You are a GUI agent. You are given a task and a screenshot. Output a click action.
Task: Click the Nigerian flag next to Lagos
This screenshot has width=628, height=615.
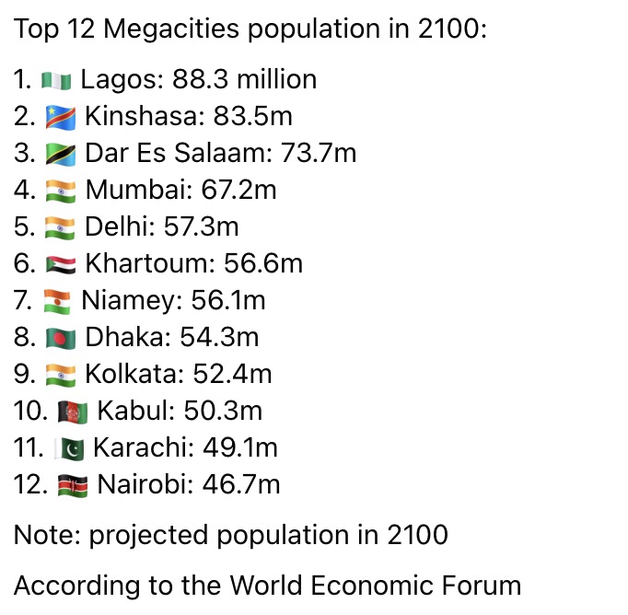(56, 80)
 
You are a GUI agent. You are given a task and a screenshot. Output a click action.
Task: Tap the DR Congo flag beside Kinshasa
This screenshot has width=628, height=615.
(61, 117)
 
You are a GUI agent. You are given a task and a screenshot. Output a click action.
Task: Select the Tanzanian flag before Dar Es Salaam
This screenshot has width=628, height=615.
(61, 154)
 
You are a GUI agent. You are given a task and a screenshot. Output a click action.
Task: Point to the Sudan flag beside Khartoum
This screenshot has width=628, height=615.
(61, 264)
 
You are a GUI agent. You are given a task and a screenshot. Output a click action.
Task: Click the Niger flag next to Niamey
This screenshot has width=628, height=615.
(57, 301)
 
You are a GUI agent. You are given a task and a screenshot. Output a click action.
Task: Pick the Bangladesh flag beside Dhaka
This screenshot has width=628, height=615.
(61, 338)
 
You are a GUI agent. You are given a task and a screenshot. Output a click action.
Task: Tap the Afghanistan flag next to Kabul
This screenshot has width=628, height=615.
(73, 412)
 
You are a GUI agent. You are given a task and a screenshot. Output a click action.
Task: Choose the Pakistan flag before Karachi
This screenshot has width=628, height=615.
(69, 449)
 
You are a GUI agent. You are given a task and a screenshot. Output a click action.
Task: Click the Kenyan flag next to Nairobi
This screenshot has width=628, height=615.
(73, 486)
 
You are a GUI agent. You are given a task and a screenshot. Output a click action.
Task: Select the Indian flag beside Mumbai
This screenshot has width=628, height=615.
(61, 191)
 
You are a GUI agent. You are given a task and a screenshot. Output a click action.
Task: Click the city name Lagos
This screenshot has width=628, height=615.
(122, 80)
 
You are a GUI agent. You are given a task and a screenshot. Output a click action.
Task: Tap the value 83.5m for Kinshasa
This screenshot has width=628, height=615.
(252, 116)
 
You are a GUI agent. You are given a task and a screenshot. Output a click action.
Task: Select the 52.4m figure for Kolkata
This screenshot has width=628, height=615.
(232, 374)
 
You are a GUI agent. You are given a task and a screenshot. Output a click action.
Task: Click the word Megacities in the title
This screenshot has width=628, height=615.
(171, 29)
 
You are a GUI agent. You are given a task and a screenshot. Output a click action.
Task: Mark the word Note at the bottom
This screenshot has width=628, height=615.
(47, 535)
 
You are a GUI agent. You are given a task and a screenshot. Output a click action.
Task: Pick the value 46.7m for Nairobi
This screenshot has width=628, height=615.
(241, 484)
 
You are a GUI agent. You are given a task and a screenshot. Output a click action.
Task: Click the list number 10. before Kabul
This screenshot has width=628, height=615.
(30, 411)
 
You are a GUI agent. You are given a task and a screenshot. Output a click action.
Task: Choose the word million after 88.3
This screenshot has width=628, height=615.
(277, 79)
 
